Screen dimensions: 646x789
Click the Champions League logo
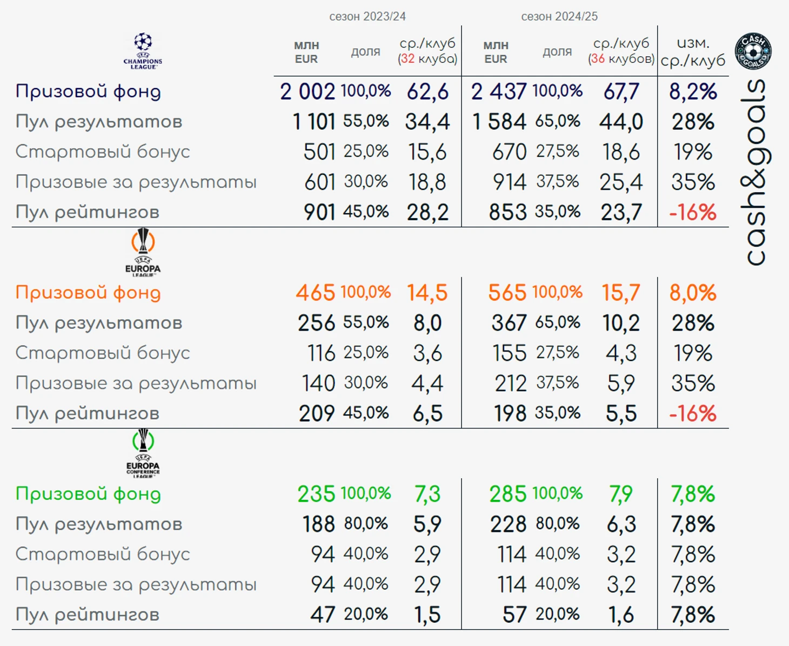pos(143,51)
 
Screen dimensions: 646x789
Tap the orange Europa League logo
pos(143,252)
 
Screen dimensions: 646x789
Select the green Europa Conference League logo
pos(143,453)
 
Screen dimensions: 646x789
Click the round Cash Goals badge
pos(753,51)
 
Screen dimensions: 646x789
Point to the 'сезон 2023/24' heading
pos(367,17)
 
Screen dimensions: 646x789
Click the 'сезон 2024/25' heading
pos(559,17)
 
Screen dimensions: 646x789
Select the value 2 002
pos(307,91)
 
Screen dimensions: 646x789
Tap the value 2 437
pos(498,91)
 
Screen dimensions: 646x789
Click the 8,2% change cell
pos(693,91)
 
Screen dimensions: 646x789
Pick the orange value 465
pos(316,293)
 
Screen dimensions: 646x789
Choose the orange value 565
pos(507,293)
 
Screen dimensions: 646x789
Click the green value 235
pos(316,494)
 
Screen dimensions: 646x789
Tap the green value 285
pos(507,494)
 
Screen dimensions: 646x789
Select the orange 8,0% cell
pos(693,293)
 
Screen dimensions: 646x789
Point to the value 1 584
pos(499,122)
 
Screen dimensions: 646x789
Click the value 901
pos(319,212)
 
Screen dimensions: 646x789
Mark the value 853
pos(507,212)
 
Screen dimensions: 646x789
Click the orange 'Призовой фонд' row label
pos(88,293)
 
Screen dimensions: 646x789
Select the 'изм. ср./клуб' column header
pos(693,51)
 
